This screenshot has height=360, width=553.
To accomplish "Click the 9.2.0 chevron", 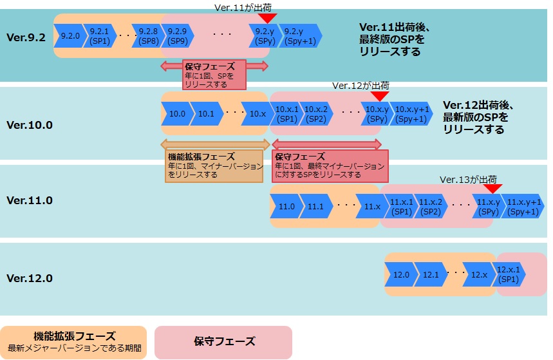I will coord(70,35).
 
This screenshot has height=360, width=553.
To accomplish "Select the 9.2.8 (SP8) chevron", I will coord(148,35).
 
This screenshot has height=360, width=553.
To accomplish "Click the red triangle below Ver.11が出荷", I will coord(267,19).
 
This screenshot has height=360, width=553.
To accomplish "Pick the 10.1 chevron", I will coord(206,114).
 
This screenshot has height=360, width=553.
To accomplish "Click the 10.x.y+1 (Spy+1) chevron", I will coord(411,114).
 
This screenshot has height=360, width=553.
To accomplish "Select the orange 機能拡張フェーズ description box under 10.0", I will coord(214,166).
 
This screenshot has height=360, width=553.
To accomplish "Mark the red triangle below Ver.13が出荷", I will coord(492,189).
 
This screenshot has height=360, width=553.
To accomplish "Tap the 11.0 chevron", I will coord(286,206).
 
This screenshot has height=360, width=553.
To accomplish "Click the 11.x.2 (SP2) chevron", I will coord(431,206).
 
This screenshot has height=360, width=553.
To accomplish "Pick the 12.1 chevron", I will coord(430,274).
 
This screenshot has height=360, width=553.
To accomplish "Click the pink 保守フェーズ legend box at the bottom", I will coord(223,342).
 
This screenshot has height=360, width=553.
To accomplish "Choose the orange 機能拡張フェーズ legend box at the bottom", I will coord(73,342).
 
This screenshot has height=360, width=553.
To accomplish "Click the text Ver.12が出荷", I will coord(361,85).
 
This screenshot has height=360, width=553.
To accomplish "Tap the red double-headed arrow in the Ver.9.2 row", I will coord(214,65).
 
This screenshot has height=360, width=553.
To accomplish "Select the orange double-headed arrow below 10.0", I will coord(214,144).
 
